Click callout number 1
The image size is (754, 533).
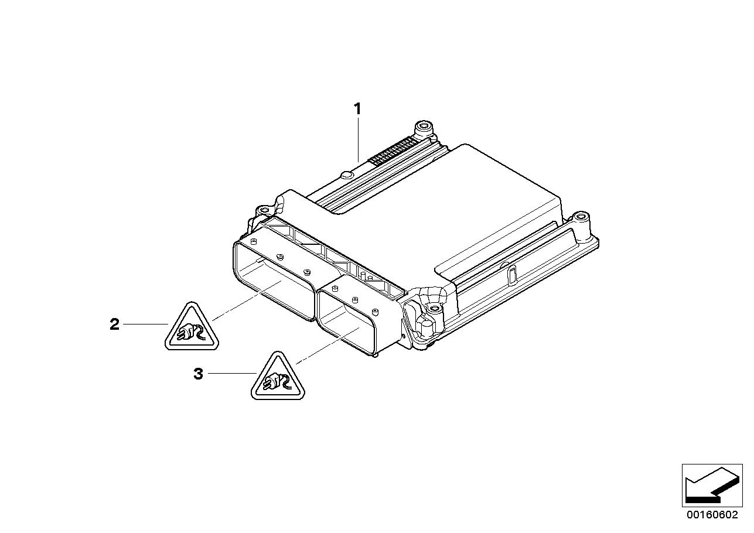point(357,109)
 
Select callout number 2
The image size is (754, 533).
point(114,324)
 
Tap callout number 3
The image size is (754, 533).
point(199,374)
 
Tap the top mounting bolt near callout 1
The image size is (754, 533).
point(424,128)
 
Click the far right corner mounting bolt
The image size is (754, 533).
point(581,218)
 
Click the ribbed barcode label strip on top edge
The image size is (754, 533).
point(393,151)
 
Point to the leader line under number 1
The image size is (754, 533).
point(358,139)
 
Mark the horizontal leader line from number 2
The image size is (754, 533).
point(145,324)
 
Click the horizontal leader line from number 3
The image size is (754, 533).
point(232,374)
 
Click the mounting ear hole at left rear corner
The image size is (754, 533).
point(265,211)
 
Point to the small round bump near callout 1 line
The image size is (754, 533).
point(346,175)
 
